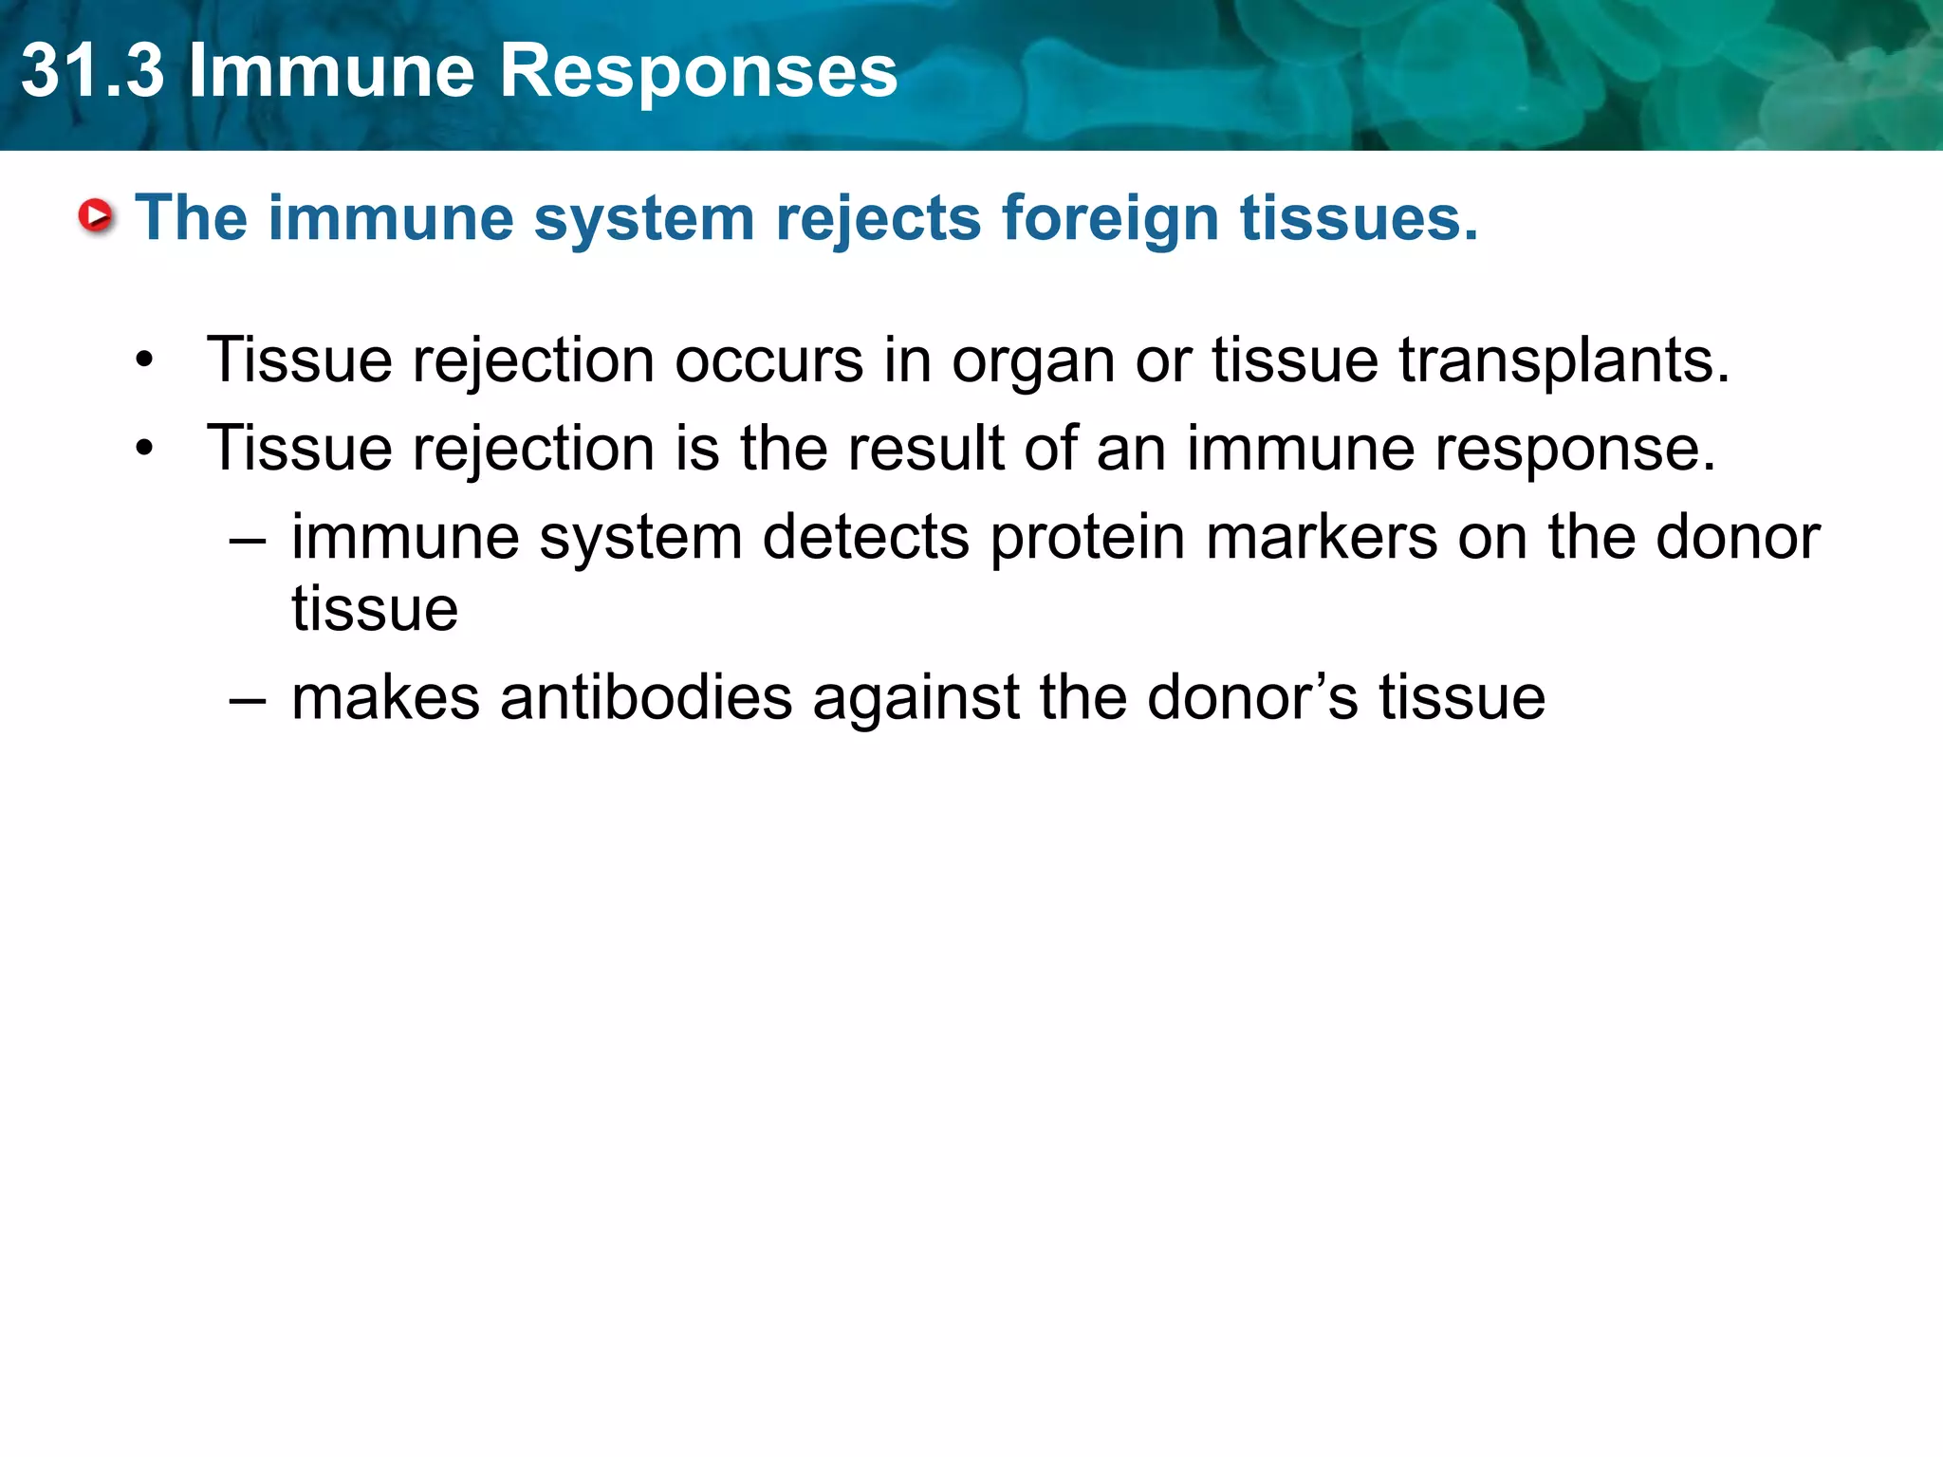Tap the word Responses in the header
coord(697,71)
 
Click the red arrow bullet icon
coord(96,216)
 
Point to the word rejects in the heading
coord(878,218)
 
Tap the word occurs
coord(768,360)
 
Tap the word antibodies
coord(645,697)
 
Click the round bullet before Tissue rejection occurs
coord(144,360)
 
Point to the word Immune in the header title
coord(331,71)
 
